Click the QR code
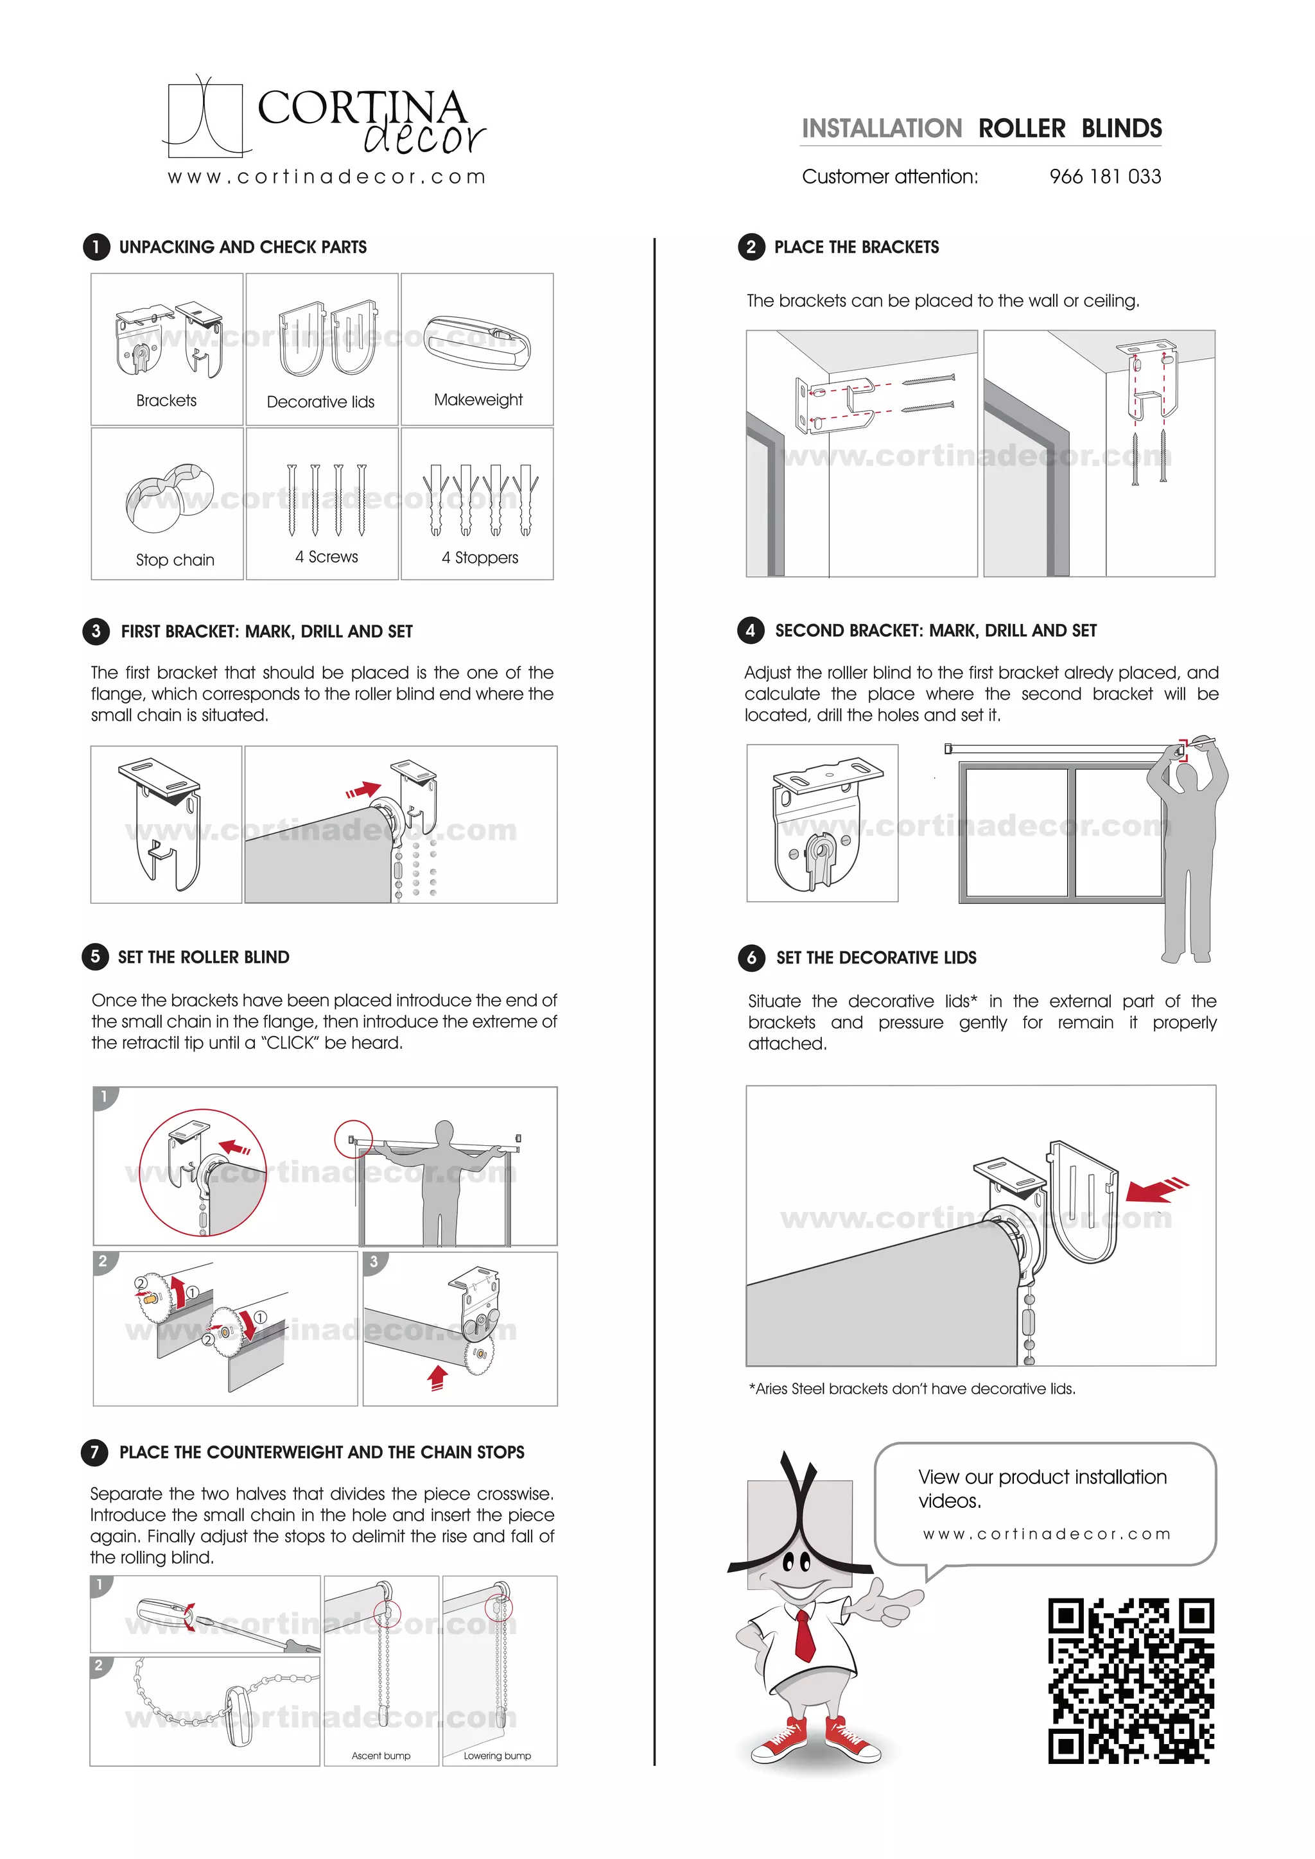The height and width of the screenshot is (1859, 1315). pyautogui.click(x=1131, y=1681)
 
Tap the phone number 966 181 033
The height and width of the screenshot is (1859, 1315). pyautogui.click(x=1104, y=177)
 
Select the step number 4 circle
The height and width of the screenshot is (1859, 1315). pyautogui.click(x=750, y=630)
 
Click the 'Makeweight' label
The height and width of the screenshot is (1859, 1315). pyautogui.click(x=478, y=400)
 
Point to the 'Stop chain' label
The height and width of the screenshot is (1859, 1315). pyautogui.click(x=175, y=560)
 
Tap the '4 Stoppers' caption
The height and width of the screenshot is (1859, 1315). pyautogui.click(x=480, y=557)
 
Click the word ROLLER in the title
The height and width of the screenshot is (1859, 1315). pyautogui.click(x=1022, y=129)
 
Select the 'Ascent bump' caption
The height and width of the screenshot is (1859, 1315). pyautogui.click(x=381, y=1756)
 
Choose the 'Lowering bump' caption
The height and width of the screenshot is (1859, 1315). pyautogui.click(x=497, y=1756)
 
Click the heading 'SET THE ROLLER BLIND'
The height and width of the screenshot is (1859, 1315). pyautogui.click(x=204, y=957)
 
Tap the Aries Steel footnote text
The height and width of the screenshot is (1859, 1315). pyautogui.click(x=912, y=1388)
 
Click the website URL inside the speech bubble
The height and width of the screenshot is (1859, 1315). pyautogui.click(x=1046, y=1534)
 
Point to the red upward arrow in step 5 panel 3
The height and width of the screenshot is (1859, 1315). pyautogui.click(x=437, y=1378)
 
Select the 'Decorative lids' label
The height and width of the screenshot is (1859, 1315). pyautogui.click(x=320, y=402)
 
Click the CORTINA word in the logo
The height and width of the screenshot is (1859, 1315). pyautogui.click(x=361, y=108)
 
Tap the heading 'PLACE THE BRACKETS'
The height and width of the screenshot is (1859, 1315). pyautogui.click(x=856, y=247)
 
